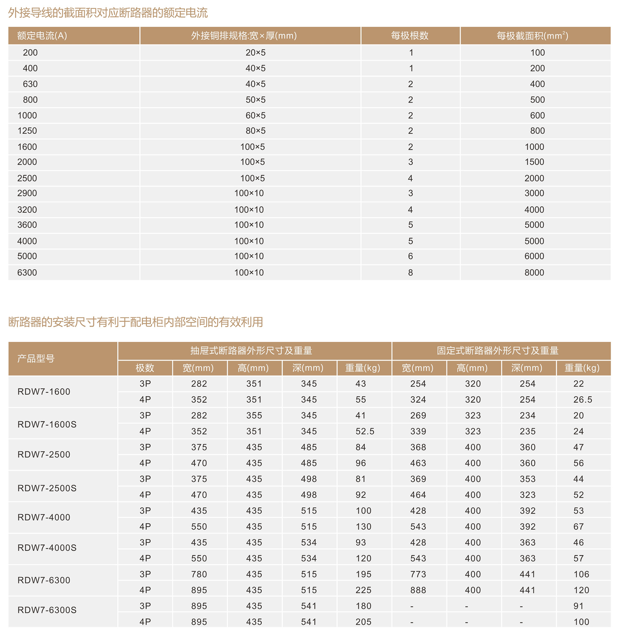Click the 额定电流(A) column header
click(x=42, y=36)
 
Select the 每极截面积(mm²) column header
click(x=532, y=36)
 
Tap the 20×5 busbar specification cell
click(x=255, y=53)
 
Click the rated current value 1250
click(x=27, y=131)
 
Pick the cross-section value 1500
click(x=534, y=162)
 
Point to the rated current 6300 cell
click(x=27, y=273)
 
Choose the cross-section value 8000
click(x=534, y=273)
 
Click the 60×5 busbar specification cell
click(x=255, y=116)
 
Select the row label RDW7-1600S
click(x=47, y=424)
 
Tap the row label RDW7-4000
click(x=44, y=518)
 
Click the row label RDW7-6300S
click(x=47, y=610)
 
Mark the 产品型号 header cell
click(x=36, y=359)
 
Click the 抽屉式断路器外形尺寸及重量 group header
click(x=251, y=351)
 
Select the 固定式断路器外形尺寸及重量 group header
click(x=497, y=351)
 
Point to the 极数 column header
click(x=145, y=368)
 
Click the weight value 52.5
click(x=364, y=431)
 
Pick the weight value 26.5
click(x=583, y=400)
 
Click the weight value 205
click(x=363, y=622)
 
